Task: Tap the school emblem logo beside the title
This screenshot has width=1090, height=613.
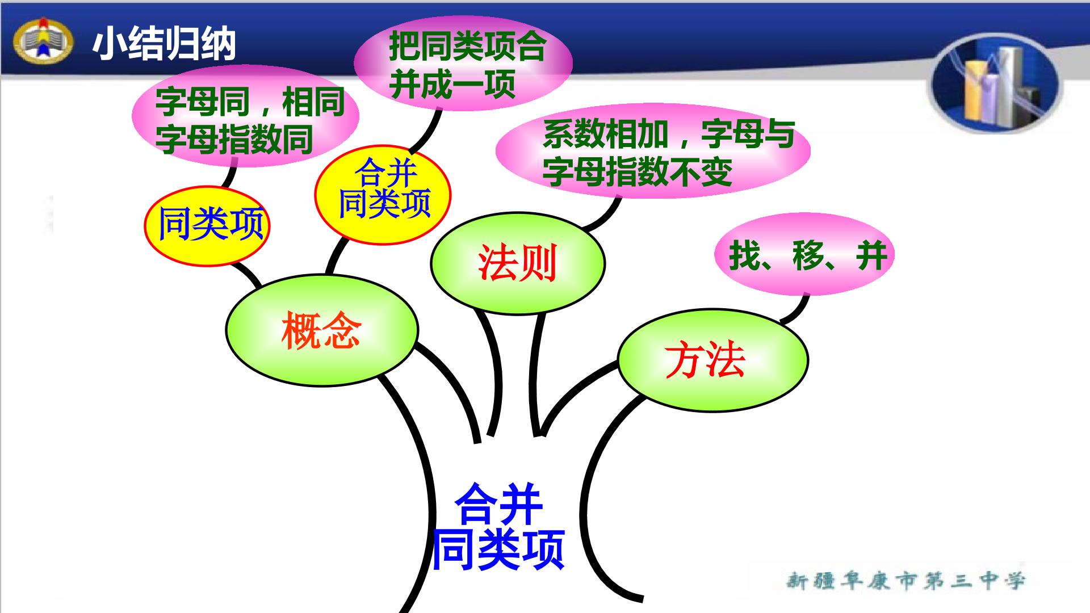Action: (43, 42)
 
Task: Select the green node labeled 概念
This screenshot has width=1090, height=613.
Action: (322, 330)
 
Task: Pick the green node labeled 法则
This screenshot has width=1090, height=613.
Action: (518, 263)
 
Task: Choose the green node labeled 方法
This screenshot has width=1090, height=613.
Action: (713, 360)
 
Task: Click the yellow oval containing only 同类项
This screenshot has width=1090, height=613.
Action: (207, 225)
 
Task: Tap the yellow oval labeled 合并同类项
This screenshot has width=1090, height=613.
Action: (383, 195)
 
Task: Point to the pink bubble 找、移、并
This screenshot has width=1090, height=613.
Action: (804, 254)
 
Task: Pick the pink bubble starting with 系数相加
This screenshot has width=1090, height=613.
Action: (653, 150)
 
